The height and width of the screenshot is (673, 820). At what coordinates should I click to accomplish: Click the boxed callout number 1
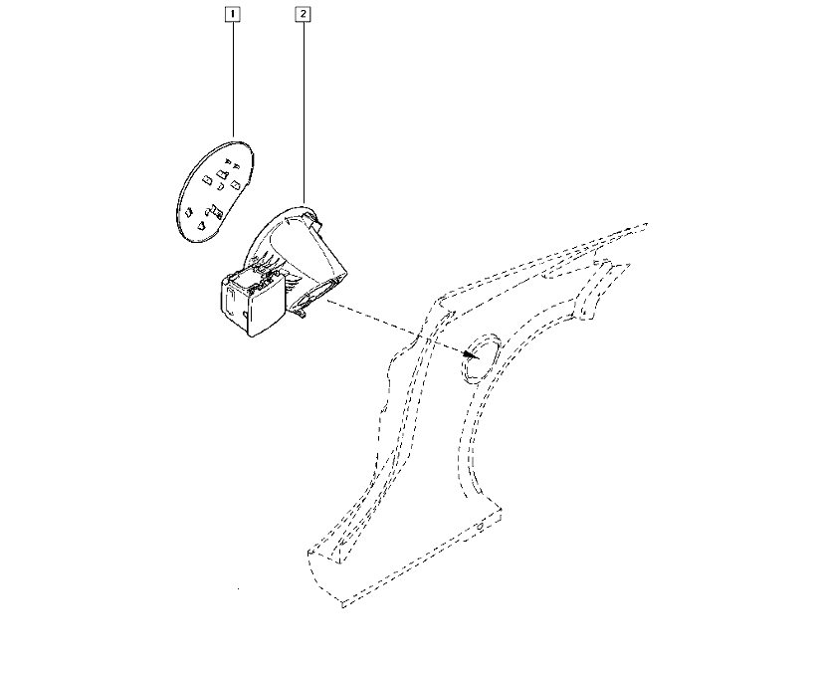232,14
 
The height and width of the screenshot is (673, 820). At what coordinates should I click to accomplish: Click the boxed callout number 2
304,14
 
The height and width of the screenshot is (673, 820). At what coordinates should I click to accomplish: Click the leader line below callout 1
233,80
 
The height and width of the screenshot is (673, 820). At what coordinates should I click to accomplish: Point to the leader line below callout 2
304,112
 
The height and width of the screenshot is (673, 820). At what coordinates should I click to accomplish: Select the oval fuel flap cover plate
215,191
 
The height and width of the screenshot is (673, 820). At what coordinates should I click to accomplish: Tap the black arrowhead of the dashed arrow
470,354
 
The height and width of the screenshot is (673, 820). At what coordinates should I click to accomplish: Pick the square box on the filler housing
253,303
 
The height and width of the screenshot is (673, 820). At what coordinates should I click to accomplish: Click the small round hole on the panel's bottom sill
480,527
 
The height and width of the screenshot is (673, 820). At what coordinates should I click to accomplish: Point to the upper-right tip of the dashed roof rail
648,224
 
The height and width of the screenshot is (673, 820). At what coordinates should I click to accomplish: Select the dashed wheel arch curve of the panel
468,440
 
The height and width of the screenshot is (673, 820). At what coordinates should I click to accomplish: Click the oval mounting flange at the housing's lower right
315,295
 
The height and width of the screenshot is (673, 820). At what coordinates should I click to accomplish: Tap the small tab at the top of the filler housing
315,221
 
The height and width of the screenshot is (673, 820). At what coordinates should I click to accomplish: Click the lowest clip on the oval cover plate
201,226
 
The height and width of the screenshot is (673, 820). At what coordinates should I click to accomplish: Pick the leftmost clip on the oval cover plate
188,212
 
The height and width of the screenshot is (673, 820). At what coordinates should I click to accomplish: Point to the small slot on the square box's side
245,313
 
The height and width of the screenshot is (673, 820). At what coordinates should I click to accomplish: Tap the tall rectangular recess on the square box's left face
230,302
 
